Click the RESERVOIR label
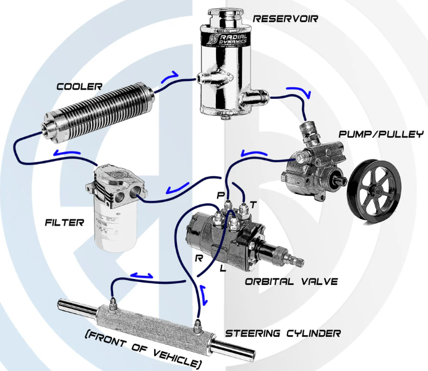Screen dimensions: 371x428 [x=285, y=19]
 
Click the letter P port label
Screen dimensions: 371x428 [x=220, y=196]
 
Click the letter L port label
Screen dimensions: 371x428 [x=222, y=270]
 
